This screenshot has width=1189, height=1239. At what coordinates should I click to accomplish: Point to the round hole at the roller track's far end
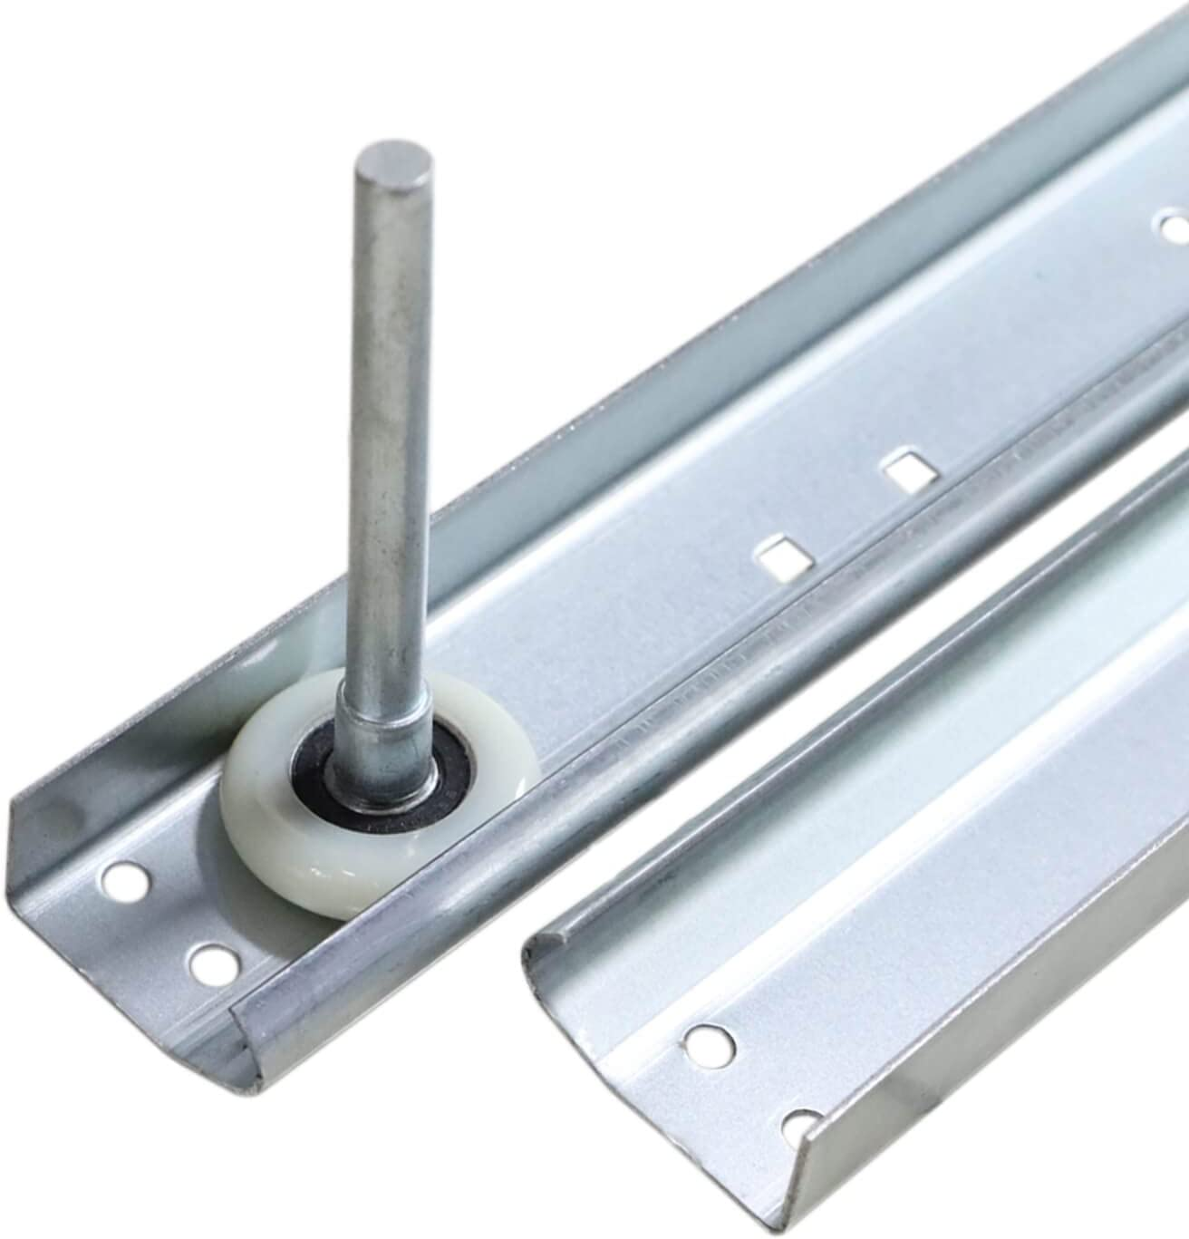tap(1174, 222)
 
